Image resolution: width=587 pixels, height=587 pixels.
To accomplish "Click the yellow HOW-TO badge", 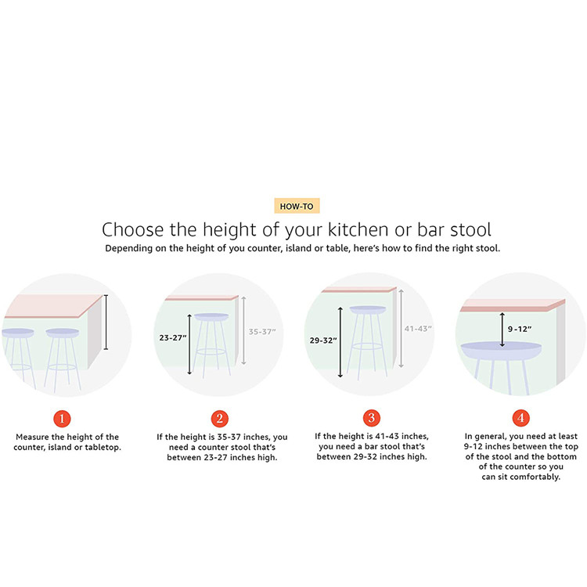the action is click(297, 206).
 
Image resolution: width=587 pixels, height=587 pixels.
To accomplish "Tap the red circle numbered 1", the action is click(62, 419).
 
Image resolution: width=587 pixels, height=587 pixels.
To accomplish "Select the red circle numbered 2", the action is click(220, 418).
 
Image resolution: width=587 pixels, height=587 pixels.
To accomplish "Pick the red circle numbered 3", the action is click(372, 418).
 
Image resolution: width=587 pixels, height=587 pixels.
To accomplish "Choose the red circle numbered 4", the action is click(520, 417).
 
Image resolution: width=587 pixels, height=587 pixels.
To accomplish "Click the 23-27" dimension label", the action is click(173, 337).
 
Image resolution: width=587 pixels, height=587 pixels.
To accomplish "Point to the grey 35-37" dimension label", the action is click(262, 332).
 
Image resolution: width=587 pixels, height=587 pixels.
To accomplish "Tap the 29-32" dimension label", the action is click(323, 340).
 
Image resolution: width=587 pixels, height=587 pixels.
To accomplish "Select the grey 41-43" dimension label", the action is click(418, 329).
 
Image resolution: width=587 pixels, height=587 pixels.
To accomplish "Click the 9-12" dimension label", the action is click(520, 329).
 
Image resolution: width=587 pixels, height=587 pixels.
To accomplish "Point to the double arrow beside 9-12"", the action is click(502, 330).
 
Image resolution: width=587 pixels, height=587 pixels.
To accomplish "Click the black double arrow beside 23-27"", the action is click(189, 344).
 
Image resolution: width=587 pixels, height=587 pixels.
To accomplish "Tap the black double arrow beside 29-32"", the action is click(340, 342).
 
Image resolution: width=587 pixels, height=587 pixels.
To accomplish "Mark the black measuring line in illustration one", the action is click(106, 322).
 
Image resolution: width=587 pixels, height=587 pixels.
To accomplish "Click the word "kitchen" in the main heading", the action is click(358, 229).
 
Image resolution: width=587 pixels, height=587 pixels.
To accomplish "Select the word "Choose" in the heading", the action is click(133, 229).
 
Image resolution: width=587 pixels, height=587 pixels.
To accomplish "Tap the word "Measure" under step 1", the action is click(32, 437).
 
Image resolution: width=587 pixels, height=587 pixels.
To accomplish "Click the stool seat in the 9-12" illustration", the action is click(501, 351).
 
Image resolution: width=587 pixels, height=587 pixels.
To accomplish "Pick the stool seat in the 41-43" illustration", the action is click(368, 310).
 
